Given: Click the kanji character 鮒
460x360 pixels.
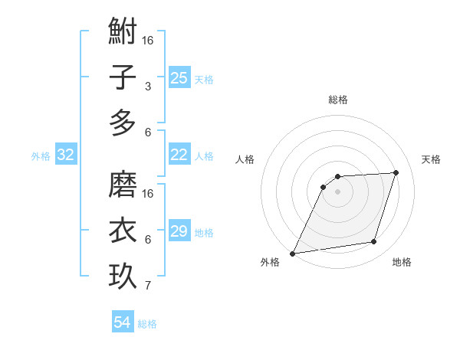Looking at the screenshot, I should click(x=123, y=34).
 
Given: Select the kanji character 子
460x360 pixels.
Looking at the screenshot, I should click(x=123, y=78).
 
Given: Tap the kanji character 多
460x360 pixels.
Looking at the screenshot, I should click(x=123, y=123).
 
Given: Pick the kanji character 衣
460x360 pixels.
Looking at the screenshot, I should click(x=123, y=230).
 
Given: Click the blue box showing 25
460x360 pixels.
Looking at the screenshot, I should click(x=179, y=77).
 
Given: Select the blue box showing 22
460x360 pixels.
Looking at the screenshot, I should click(x=179, y=155).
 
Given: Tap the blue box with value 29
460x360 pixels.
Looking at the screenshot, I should click(x=179, y=231).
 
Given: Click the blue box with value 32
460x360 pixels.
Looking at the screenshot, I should click(x=65, y=155).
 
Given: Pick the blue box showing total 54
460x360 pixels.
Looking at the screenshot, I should click(x=122, y=322).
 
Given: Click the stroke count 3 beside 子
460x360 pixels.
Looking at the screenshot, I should click(x=147, y=87).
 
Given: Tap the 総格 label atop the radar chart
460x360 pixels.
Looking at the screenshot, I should click(x=337, y=100).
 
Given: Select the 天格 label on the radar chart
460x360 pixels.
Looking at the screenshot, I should click(x=431, y=159).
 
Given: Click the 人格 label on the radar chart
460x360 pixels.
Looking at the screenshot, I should click(x=245, y=159).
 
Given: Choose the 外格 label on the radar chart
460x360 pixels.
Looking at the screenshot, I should click(x=269, y=262).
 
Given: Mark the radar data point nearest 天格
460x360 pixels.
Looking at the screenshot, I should click(x=396, y=172).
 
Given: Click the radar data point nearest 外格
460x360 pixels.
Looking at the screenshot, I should click(x=292, y=254).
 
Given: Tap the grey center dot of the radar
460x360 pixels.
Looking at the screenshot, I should click(x=337, y=191).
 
